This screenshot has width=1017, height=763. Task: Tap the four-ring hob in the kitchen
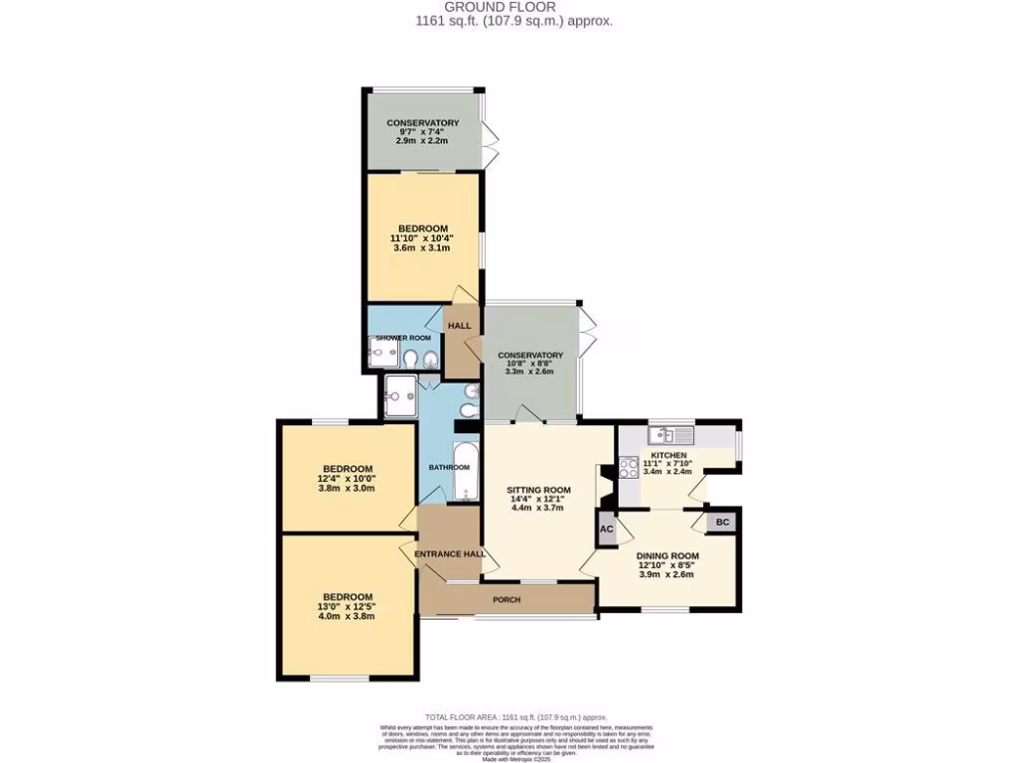628,468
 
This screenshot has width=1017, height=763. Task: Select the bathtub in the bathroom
465,470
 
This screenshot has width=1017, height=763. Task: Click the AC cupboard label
606,531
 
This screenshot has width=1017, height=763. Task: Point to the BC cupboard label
722,522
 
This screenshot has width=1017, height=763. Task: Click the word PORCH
508,600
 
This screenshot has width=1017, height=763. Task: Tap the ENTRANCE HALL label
450,553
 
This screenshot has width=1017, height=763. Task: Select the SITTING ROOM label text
539,490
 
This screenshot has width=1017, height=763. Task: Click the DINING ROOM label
667,555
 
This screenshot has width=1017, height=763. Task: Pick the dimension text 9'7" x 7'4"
423,132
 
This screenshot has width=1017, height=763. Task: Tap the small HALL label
459,326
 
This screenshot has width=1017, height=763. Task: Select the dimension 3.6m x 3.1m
423,247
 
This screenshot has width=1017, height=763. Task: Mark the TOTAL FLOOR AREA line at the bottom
514,717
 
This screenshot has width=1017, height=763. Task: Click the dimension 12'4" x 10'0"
347,479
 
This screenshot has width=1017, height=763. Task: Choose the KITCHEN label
667,454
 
